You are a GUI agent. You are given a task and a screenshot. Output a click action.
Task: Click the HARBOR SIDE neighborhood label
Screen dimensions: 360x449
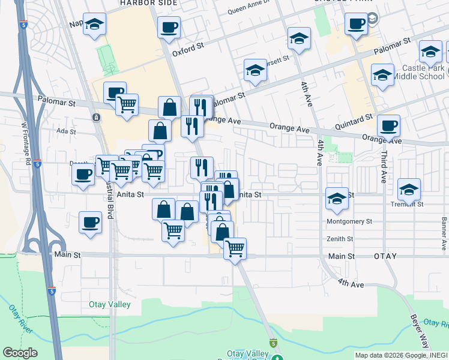(x=148, y=3)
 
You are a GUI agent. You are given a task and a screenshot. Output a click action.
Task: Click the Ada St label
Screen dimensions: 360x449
(x=65, y=131)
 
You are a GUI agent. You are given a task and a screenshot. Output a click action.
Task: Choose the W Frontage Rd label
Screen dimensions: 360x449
(x=26, y=145)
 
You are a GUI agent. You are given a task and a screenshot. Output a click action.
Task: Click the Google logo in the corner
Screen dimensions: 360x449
(x=20, y=353)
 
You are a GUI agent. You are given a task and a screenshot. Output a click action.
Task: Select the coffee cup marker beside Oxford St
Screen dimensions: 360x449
(x=169, y=27)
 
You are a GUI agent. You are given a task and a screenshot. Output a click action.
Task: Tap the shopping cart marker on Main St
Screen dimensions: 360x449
(x=235, y=248)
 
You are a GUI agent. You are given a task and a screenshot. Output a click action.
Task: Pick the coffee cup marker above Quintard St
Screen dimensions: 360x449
(x=389, y=125)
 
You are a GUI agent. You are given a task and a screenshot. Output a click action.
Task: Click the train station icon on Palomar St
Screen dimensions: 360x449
(x=95, y=117)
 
